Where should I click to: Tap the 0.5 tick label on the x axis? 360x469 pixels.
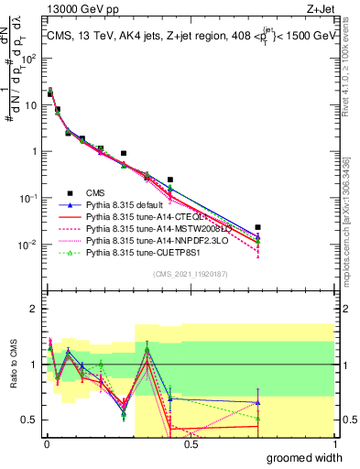(x=190, y=444)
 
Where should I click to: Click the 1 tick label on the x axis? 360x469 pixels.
(x=333, y=444)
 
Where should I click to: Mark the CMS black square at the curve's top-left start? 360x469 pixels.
(x=50, y=93)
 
